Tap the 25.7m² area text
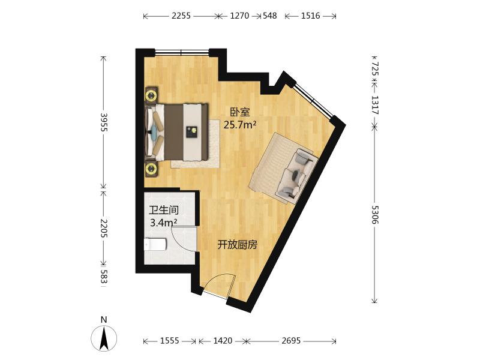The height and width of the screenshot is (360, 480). (240, 125)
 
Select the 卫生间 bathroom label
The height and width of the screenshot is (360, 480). (164, 211)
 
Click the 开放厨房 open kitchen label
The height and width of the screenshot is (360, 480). (237, 245)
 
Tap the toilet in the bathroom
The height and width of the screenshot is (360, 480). (155, 244)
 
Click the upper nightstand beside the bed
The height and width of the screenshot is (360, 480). (152, 94)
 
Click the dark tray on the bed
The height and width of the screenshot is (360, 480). (193, 131)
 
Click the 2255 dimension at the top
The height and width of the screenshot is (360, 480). (181, 16)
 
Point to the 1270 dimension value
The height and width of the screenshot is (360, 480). (239, 16)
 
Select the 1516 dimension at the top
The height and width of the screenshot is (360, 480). (310, 16)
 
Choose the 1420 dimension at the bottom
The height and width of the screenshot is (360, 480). (223, 341)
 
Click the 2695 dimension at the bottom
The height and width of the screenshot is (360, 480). (292, 341)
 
